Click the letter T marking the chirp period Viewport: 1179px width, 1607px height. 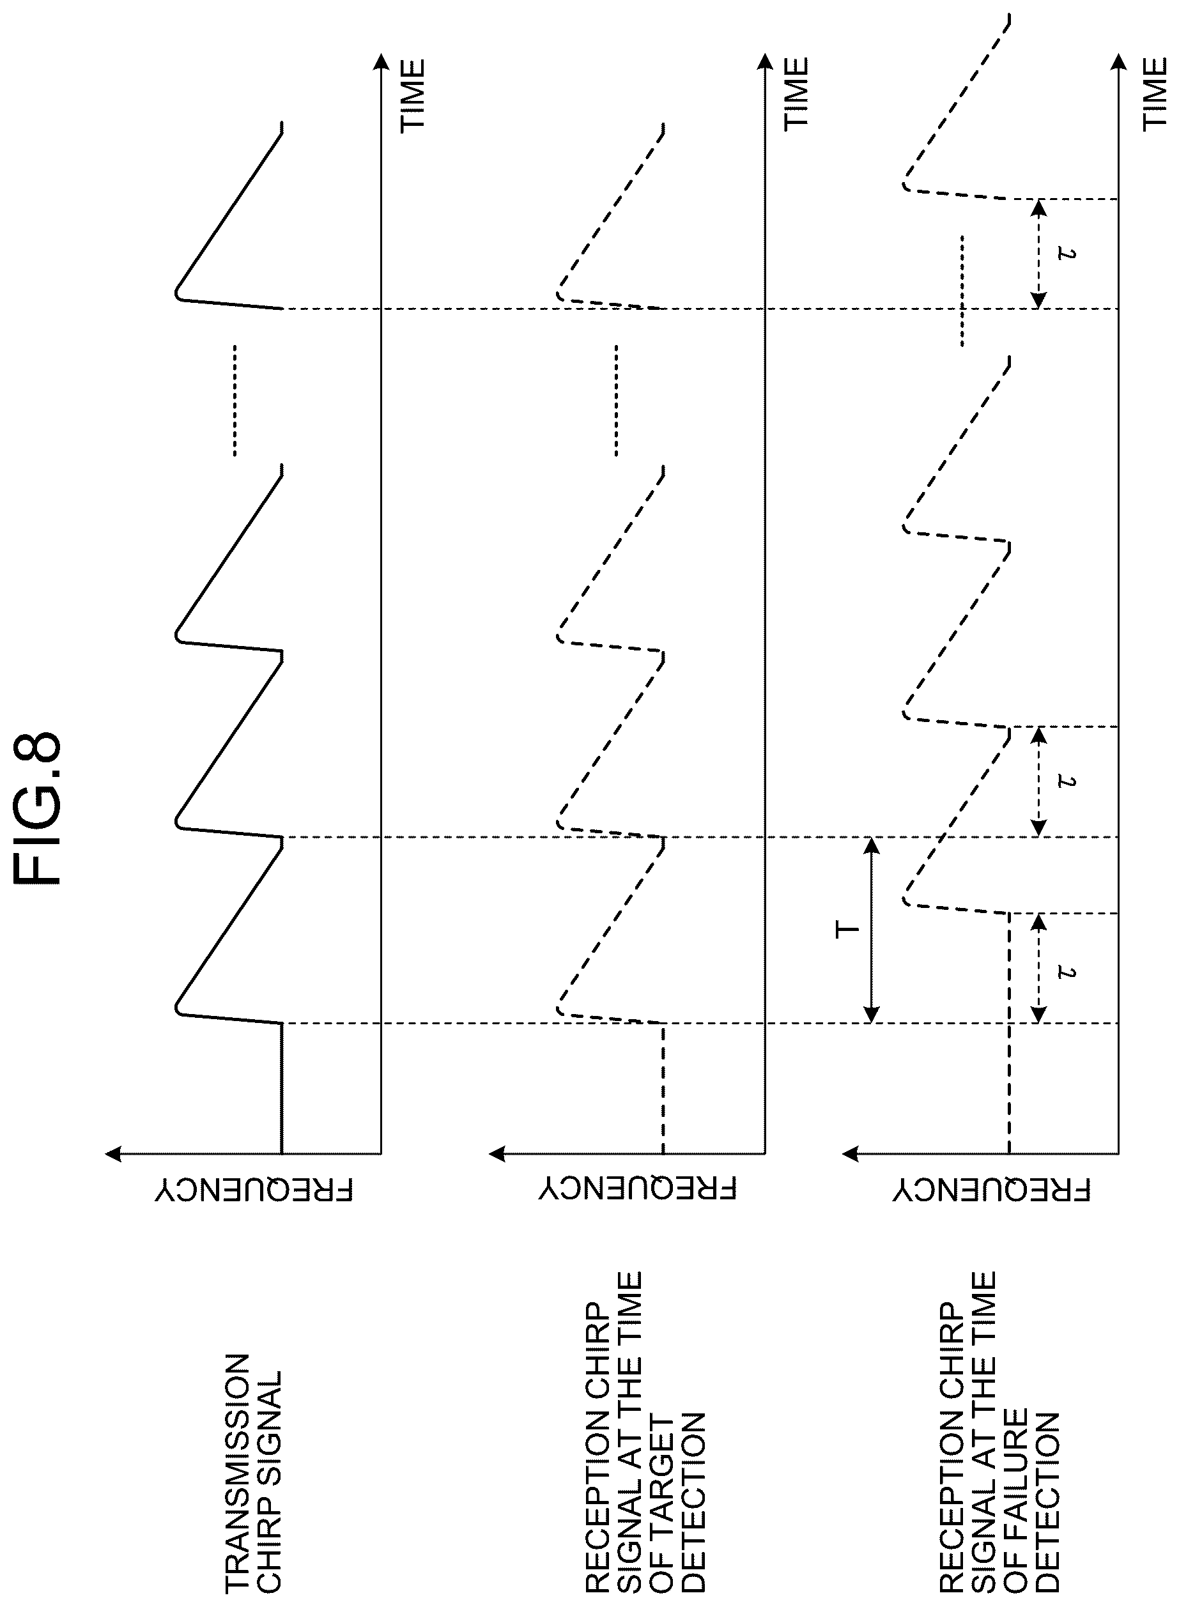847,929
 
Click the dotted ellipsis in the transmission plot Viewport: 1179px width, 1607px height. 233,401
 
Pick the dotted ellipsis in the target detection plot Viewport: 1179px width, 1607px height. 616,401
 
